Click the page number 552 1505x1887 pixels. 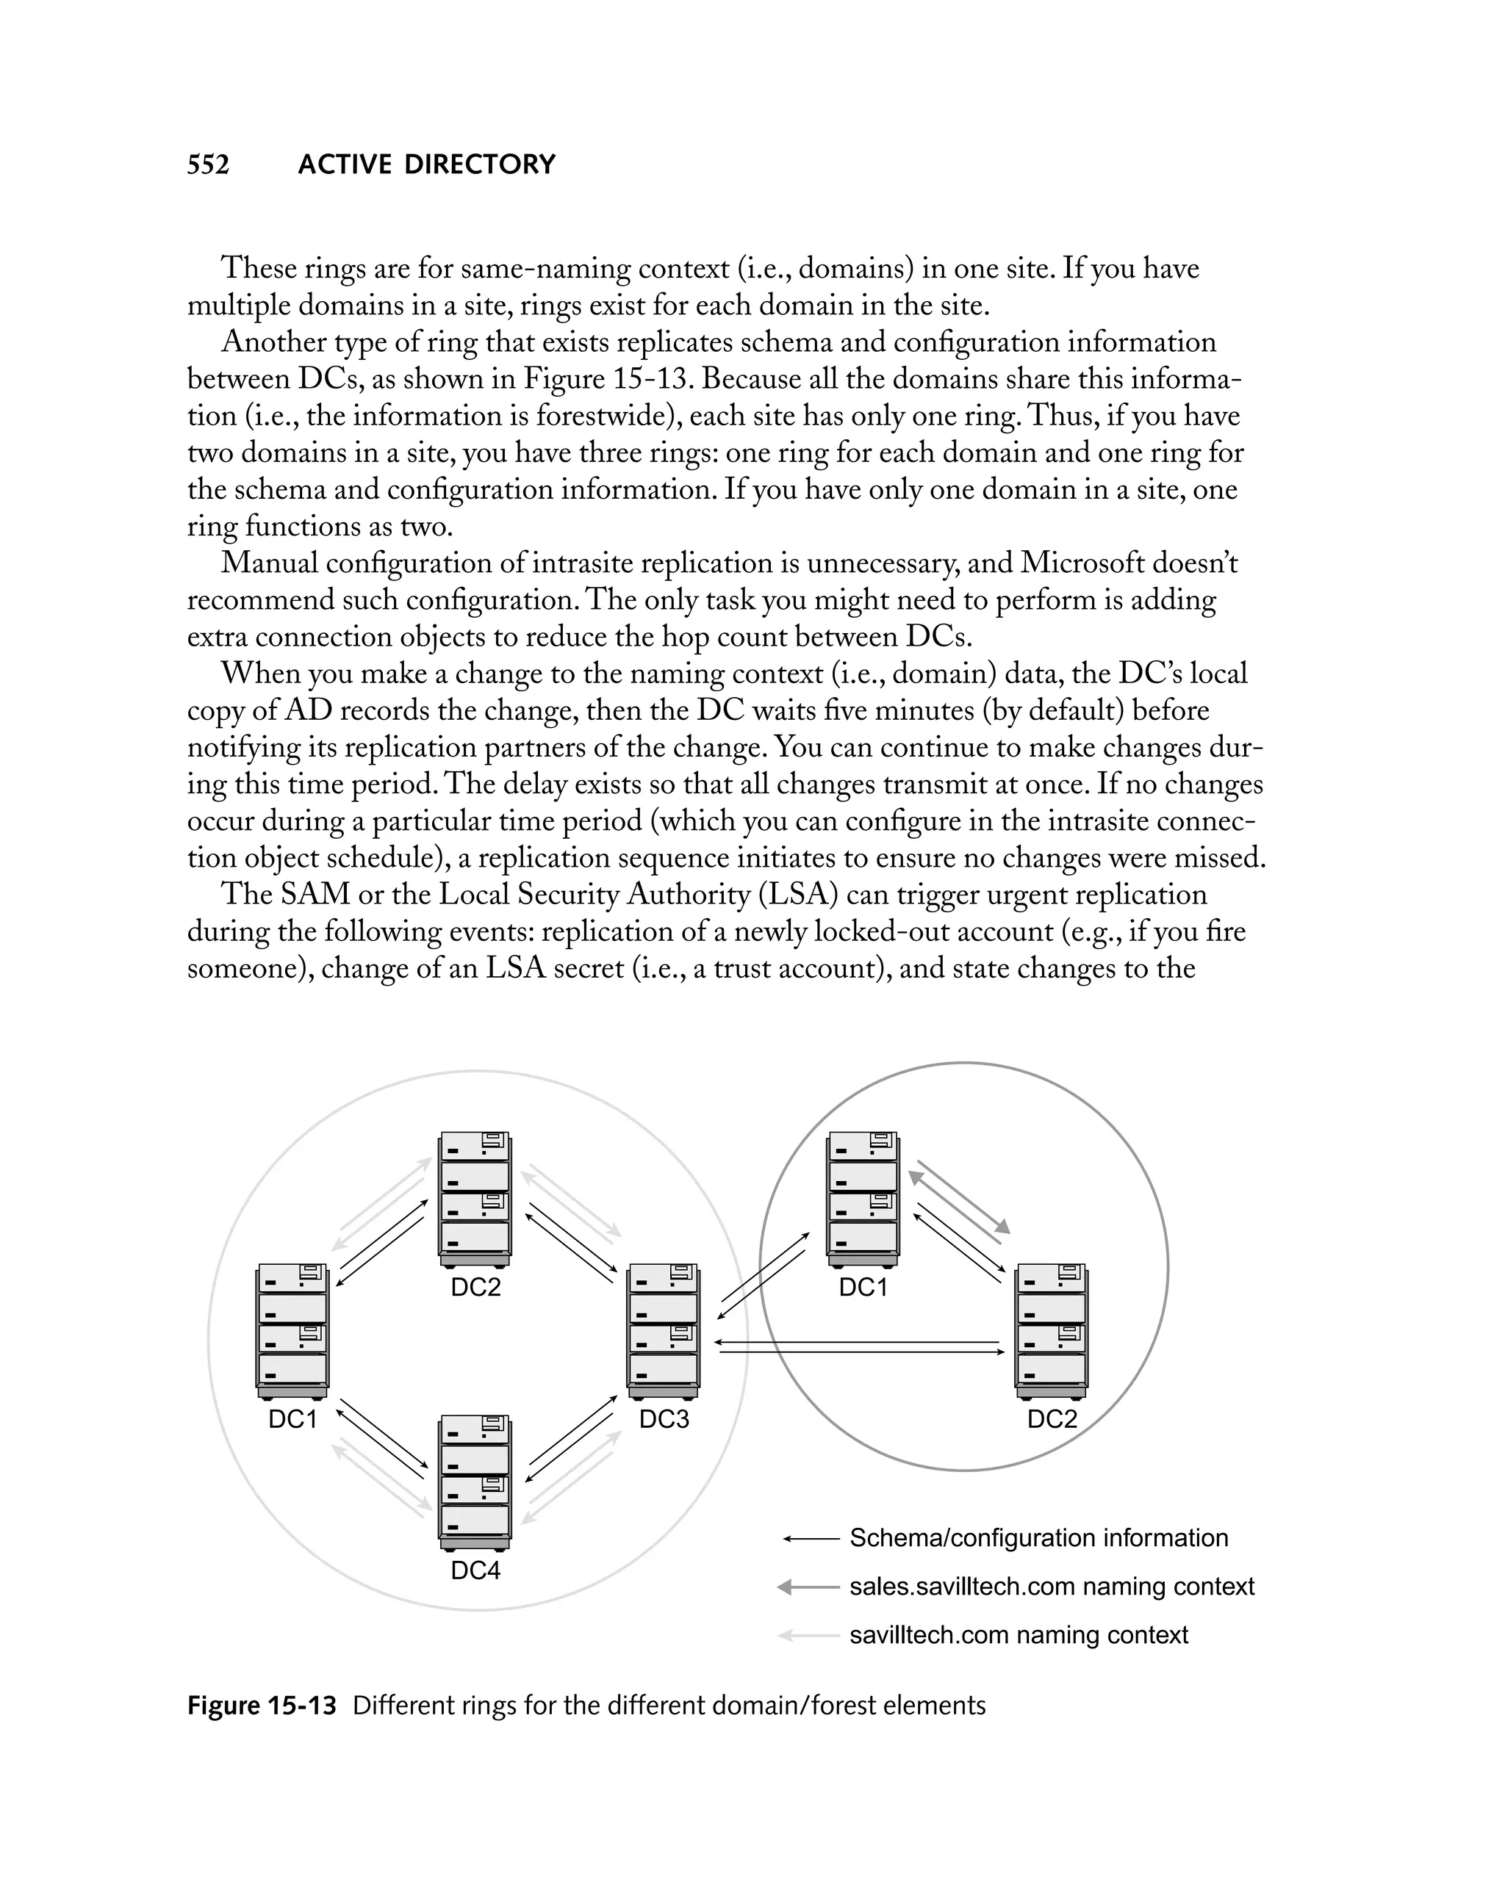[x=209, y=165]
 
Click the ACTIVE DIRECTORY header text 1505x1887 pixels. [x=426, y=165]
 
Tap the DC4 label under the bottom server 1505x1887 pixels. [x=475, y=1570]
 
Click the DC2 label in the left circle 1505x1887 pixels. [x=475, y=1287]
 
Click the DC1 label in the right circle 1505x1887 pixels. [x=863, y=1287]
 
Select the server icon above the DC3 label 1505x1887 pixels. [x=664, y=1331]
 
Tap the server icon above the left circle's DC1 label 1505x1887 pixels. [x=292, y=1331]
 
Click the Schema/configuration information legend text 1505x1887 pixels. [x=1038, y=1538]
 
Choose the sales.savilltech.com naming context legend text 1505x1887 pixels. [x=1052, y=1586]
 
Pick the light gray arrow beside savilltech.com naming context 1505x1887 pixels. [x=807, y=1635]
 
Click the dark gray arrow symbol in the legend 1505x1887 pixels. [x=807, y=1587]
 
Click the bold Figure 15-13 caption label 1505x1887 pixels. [x=262, y=1706]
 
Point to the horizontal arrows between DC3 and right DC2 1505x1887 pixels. [x=860, y=1347]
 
